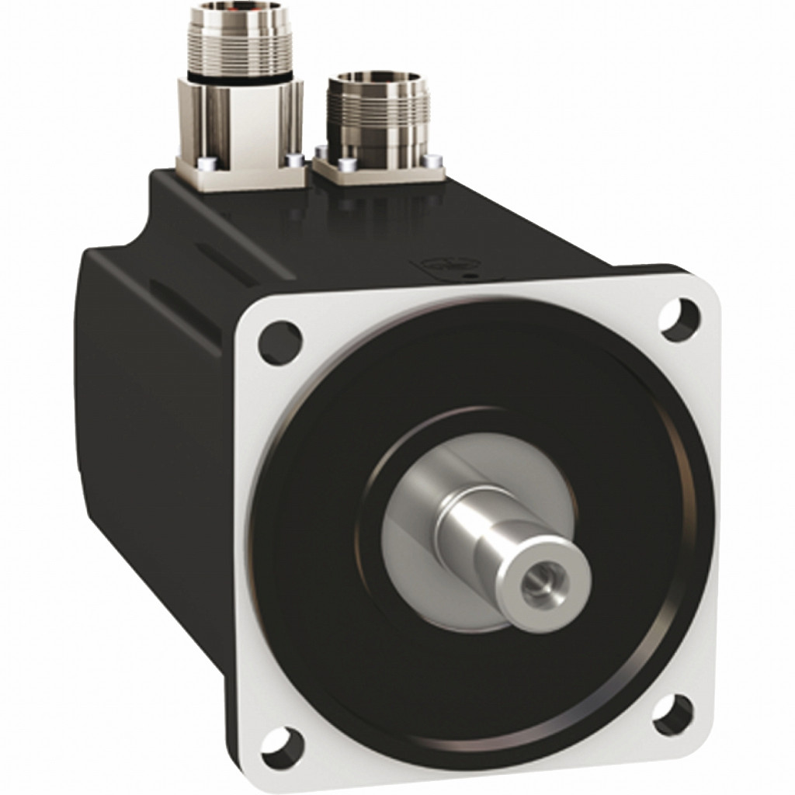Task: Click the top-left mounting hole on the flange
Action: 279,342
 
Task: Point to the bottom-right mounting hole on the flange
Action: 672,713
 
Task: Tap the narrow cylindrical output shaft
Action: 497,535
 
